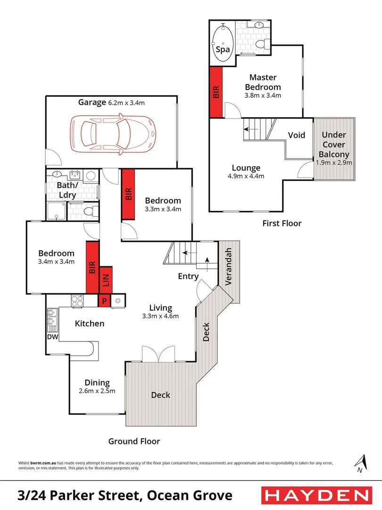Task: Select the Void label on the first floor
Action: click(297, 135)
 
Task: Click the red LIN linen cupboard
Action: click(106, 282)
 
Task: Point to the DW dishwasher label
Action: click(52, 337)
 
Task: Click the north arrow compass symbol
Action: click(361, 463)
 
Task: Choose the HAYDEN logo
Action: click(316, 495)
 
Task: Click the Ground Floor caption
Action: click(134, 442)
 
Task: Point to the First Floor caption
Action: click(282, 223)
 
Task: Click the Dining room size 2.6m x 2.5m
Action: click(97, 391)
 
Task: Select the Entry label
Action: click(188, 277)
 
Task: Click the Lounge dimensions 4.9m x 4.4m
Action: click(246, 177)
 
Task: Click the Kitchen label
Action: click(90, 323)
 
